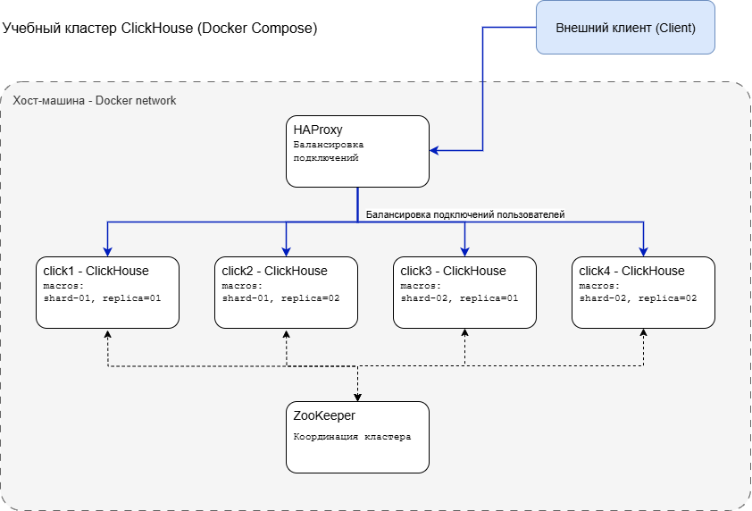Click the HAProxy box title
(x=317, y=130)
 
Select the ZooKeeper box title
(x=324, y=415)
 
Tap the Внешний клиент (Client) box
(x=625, y=28)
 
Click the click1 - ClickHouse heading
(x=96, y=271)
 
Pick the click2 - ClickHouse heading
(x=274, y=271)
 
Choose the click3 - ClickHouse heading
(x=453, y=271)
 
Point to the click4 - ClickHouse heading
(x=631, y=271)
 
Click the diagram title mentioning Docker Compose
(x=160, y=29)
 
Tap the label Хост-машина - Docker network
(x=95, y=101)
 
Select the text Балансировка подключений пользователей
(x=465, y=214)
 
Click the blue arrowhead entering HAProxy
(x=434, y=151)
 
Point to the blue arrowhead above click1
(x=107, y=252)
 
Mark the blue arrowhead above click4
(x=644, y=252)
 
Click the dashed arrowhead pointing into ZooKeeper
(x=357, y=398)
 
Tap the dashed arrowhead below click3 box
(x=464, y=332)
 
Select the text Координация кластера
(x=352, y=437)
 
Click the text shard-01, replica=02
(x=280, y=298)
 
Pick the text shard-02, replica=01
(x=459, y=298)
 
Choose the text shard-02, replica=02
(x=638, y=298)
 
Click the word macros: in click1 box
(x=63, y=286)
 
